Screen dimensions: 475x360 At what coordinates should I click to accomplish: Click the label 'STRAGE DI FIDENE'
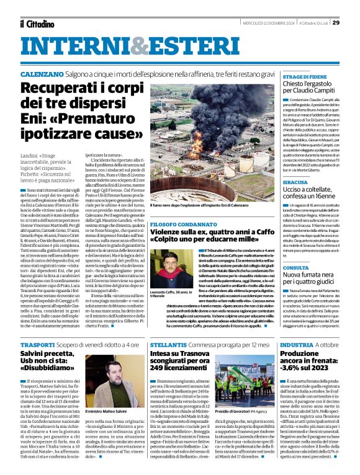(x=304, y=76)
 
